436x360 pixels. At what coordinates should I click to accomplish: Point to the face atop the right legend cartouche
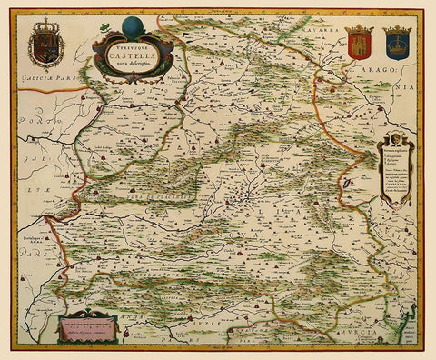(x=397, y=137)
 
